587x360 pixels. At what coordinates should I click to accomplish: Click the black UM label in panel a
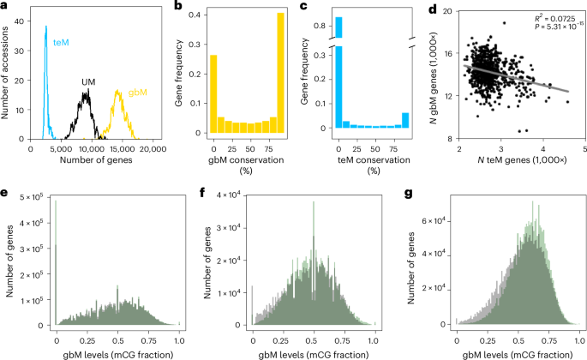88,82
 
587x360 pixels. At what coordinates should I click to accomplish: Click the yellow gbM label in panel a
137,92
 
